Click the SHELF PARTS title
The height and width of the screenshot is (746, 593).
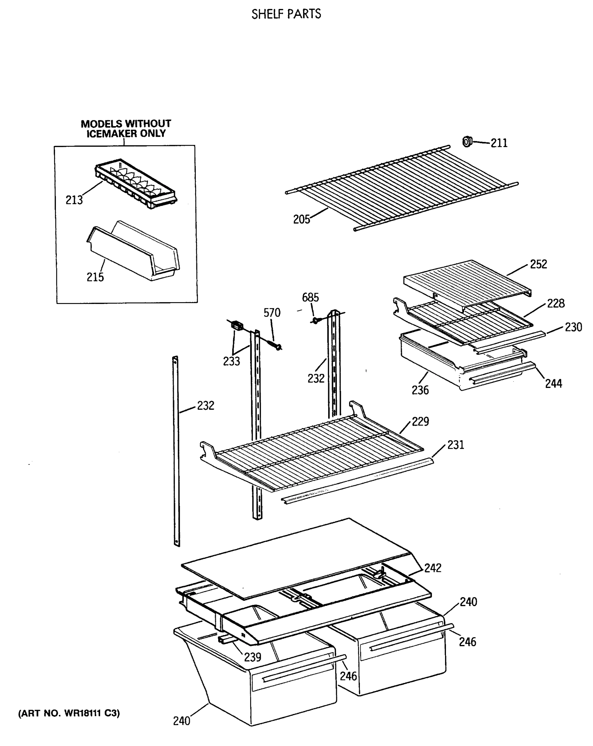point(286,14)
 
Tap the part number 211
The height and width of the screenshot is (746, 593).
point(499,143)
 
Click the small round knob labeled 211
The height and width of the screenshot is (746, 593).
point(467,141)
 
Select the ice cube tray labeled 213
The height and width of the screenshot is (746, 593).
point(136,183)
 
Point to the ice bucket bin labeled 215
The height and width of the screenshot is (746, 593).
point(133,251)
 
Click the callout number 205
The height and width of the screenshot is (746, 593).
point(301,219)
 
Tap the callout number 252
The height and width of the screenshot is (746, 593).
point(538,264)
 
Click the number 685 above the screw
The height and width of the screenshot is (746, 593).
point(310,297)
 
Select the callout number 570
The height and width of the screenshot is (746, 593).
point(272,312)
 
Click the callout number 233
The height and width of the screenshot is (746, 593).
point(232,361)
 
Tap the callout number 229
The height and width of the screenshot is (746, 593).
point(421,421)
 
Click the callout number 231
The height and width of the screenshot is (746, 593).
point(456,444)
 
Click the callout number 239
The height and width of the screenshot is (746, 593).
point(253,657)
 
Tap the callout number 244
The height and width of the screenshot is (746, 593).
point(554,383)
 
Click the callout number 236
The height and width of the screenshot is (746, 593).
point(420,390)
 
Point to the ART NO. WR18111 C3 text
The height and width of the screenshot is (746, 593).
point(69,713)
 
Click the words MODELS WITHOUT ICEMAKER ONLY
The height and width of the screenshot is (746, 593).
point(126,128)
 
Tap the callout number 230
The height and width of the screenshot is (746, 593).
point(573,327)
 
